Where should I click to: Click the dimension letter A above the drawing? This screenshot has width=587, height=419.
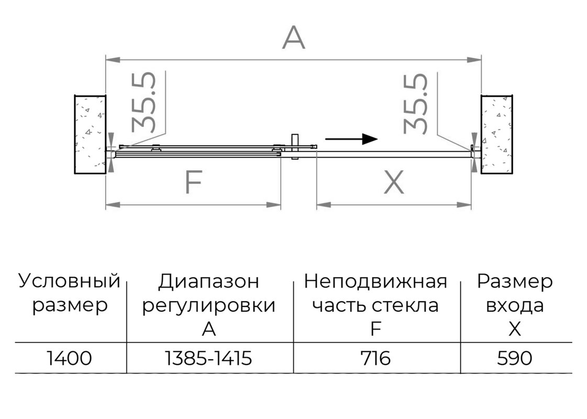(x=293, y=37)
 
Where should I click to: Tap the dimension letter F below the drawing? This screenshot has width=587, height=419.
(x=194, y=182)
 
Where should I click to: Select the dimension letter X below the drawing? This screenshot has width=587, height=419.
(x=394, y=182)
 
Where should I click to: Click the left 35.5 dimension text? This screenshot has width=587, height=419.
(x=144, y=102)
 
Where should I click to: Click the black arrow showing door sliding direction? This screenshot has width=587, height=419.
(x=351, y=139)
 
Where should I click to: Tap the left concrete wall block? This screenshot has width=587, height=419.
(x=90, y=135)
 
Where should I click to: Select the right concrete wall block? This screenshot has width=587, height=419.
(x=496, y=135)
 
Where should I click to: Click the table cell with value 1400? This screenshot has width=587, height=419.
(x=70, y=358)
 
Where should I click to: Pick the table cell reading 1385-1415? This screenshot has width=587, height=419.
(x=208, y=358)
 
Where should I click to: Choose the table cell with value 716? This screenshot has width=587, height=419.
(x=376, y=358)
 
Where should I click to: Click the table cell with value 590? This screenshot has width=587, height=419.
(x=515, y=358)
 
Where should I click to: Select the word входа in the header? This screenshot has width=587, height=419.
(x=515, y=306)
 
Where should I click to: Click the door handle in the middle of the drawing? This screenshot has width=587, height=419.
(x=295, y=147)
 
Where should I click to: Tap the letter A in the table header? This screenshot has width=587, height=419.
(x=208, y=329)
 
